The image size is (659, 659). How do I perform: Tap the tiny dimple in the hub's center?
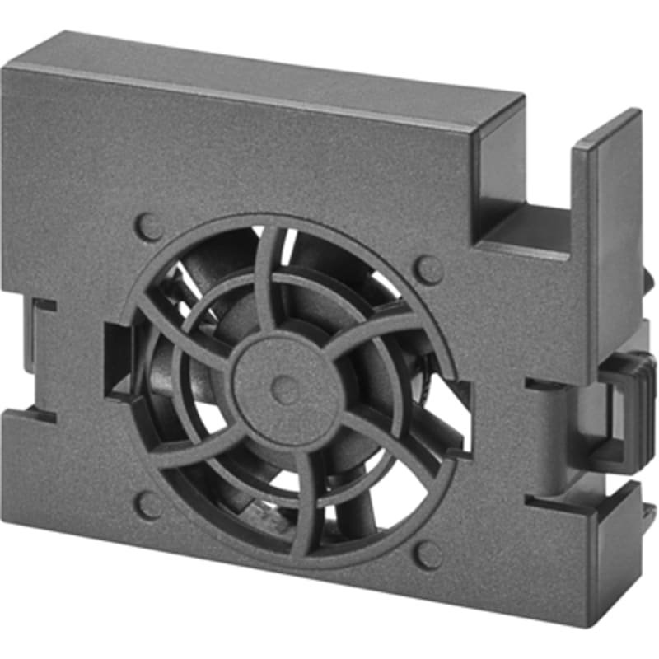pyautogui.click(x=285, y=390)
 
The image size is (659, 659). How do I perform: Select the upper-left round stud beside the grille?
pyautogui.click(x=148, y=227)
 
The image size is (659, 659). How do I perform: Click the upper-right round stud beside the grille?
pyautogui.click(x=429, y=269)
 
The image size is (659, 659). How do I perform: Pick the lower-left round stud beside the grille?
pyautogui.click(x=148, y=505)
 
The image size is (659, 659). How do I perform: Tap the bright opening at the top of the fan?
pyautogui.click(x=287, y=246)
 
